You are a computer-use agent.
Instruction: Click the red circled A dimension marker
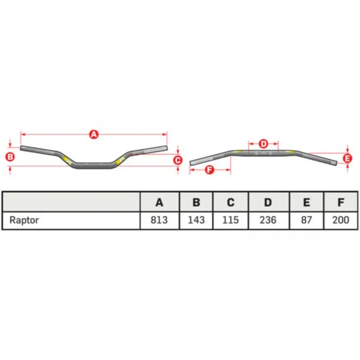pyautogui.click(x=93, y=134)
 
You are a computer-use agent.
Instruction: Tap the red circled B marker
pyautogui.click(x=10, y=157)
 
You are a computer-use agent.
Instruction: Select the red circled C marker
pyautogui.click(x=178, y=161)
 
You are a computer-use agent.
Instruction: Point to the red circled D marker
pyautogui.click(x=263, y=144)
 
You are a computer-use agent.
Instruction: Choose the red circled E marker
pyautogui.click(x=348, y=159)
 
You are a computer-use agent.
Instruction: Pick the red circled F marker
pyautogui.click(x=210, y=170)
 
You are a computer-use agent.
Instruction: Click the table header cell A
pyautogui.click(x=159, y=202)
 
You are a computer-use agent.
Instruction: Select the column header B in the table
pyautogui.click(x=196, y=202)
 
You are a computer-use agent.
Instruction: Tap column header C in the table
pyautogui.click(x=231, y=202)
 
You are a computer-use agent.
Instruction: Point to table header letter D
pyautogui.click(x=268, y=202)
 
